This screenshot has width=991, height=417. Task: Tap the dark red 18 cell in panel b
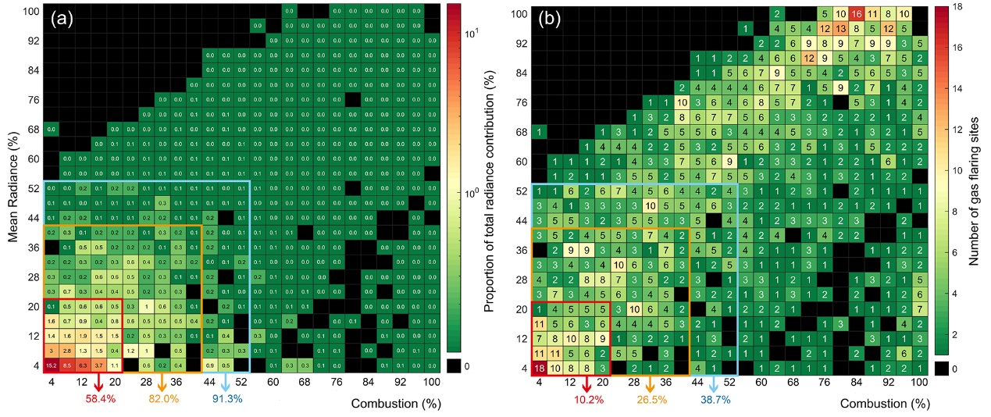click(540, 367)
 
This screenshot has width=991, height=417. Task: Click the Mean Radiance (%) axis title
click(13, 187)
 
